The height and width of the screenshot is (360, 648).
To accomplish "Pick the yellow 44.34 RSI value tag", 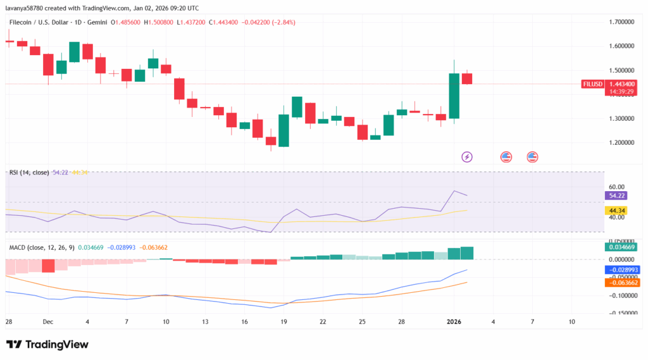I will pos(617,211).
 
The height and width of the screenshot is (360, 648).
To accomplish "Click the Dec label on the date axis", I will pos(48,322).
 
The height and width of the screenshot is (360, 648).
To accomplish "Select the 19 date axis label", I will pos(283,322).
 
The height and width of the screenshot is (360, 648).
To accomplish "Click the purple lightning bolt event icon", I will pos(467,156).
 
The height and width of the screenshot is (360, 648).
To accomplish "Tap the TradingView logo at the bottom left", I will pos(47,344).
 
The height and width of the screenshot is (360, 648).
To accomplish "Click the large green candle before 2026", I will pos(454,96).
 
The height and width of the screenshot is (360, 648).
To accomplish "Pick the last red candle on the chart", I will pos(467,78).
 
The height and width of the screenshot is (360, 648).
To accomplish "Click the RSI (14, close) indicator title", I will pos(30,172).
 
